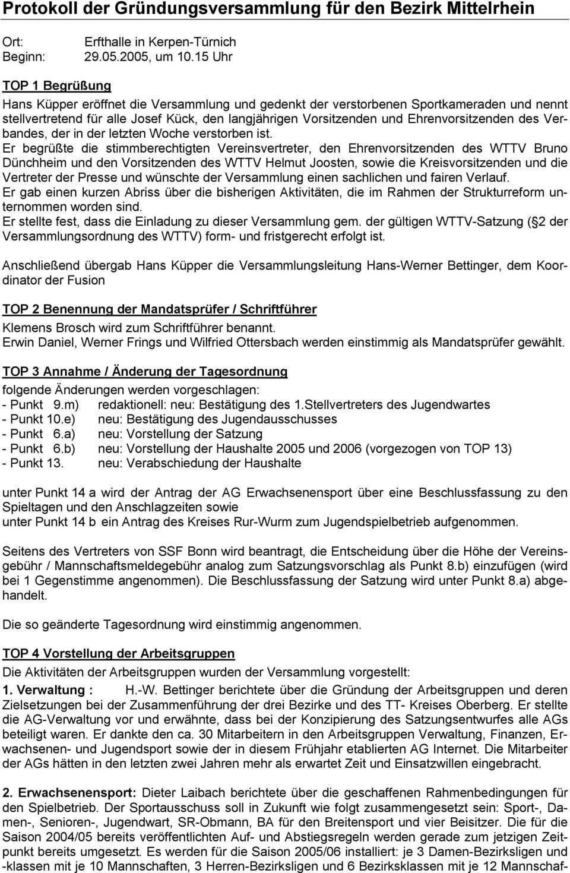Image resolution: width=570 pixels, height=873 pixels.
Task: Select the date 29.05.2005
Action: pos(114,57)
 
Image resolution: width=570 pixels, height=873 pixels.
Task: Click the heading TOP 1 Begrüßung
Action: pos(56,86)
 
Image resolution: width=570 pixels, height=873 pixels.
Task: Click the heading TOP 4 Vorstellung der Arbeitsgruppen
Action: pos(119,654)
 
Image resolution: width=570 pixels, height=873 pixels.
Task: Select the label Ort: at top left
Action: pos(13,42)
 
